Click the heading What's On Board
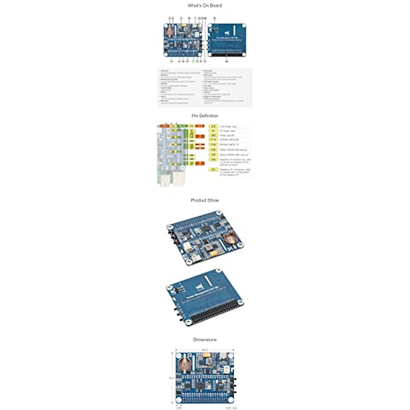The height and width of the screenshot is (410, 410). tap(205, 5)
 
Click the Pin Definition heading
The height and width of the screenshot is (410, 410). tap(205, 116)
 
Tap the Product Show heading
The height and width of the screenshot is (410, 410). tap(205, 200)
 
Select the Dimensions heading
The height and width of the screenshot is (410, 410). tap(205, 340)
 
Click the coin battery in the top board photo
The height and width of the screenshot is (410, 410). tap(170, 31)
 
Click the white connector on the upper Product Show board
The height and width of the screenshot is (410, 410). tap(188, 247)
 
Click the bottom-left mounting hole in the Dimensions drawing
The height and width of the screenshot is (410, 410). tap(178, 400)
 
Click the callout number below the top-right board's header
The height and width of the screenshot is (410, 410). tap(227, 61)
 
